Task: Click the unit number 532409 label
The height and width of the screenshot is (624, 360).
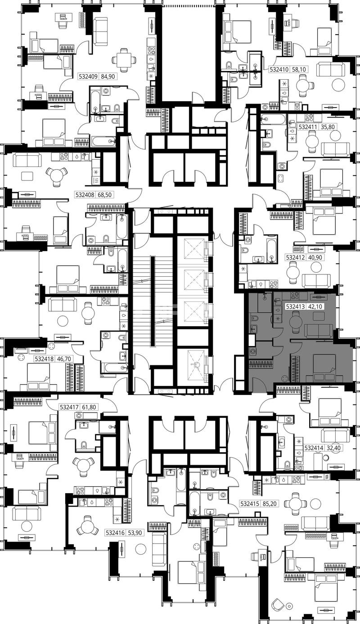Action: pyautogui.click(x=88, y=76)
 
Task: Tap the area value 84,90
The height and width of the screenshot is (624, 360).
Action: pyautogui.click(x=108, y=76)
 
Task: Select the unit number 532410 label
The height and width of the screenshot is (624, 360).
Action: pyautogui.click(x=279, y=69)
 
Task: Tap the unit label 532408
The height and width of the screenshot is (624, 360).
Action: pyautogui.click(x=85, y=195)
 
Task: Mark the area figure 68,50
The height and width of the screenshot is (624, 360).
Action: pyautogui.click(x=104, y=195)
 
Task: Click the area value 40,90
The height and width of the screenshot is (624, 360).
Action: pyautogui.click(x=315, y=257)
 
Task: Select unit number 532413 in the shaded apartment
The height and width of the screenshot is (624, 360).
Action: pyautogui.click(x=296, y=307)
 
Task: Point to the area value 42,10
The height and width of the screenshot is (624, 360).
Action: pyautogui.click(x=315, y=307)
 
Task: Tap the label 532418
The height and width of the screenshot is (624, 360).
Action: pyautogui.click(x=44, y=359)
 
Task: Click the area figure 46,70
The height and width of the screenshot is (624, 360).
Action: pyautogui.click(x=63, y=359)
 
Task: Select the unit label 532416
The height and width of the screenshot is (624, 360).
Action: pyautogui.click(x=115, y=533)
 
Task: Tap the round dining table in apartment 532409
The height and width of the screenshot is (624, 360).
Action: pyautogui.click(x=124, y=60)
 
